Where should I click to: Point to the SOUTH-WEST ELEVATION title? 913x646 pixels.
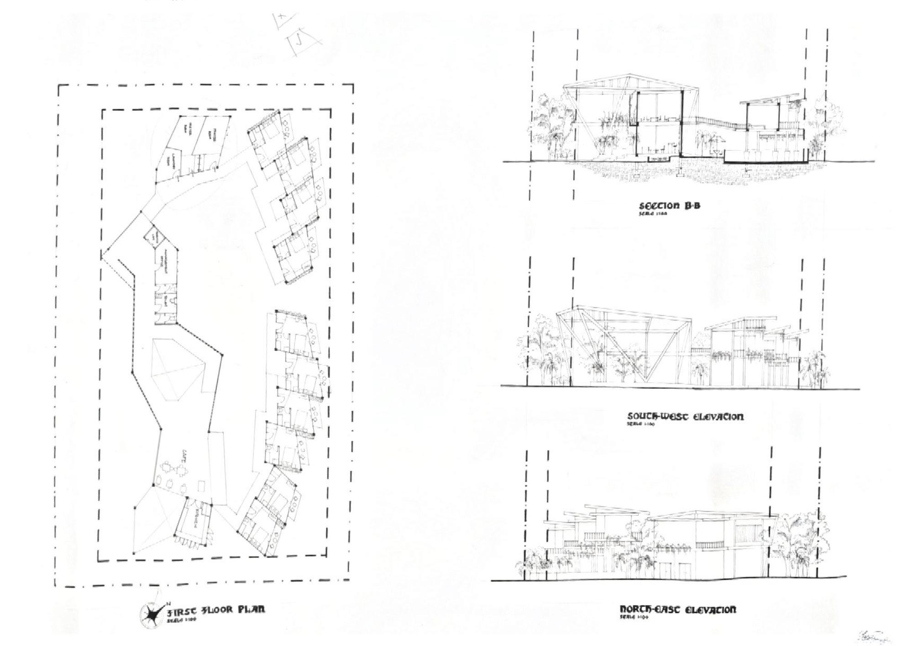(x=685, y=417)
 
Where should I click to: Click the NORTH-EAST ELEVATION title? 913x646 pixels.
(x=678, y=609)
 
